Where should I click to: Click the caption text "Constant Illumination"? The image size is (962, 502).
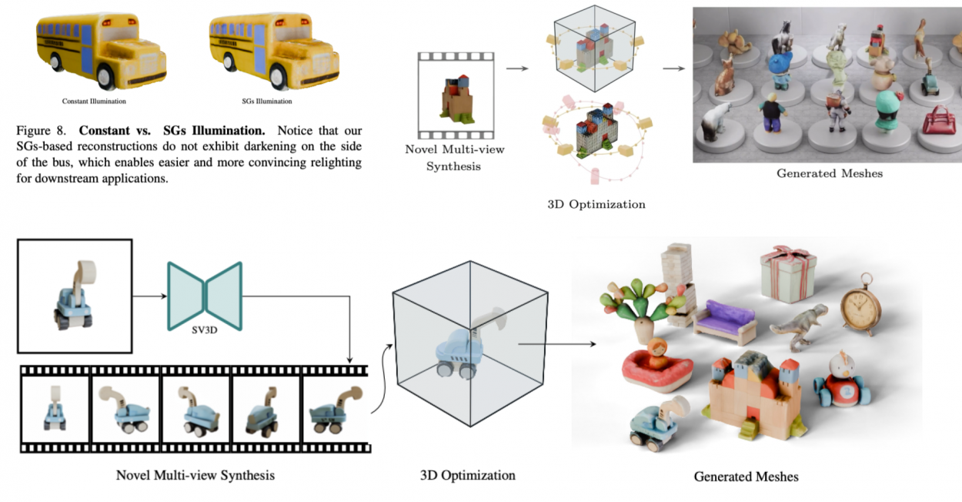point(94,101)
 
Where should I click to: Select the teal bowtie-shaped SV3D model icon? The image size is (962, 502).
point(205,296)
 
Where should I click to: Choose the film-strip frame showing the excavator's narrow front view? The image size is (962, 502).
point(55,407)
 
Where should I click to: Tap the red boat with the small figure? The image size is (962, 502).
point(656,366)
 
